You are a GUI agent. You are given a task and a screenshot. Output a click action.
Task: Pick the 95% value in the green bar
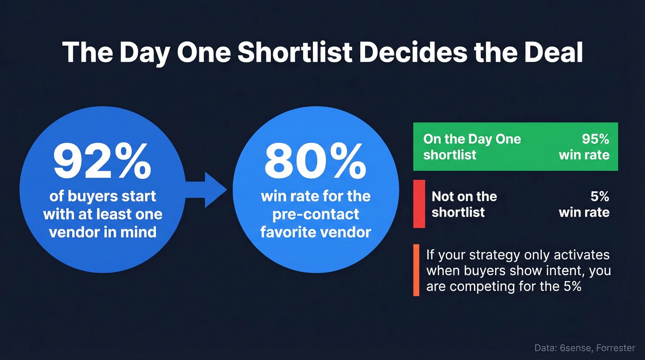[x=595, y=139]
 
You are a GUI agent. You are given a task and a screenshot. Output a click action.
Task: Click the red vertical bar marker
[x=419, y=204]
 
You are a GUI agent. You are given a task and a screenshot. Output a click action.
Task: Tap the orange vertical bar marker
[x=416, y=270]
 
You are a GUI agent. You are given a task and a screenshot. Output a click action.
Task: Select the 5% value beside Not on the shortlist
[x=599, y=197]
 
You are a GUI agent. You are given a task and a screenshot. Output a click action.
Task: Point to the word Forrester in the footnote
[x=618, y=348]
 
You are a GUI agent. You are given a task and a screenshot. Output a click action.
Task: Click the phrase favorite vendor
[x=316, y=232]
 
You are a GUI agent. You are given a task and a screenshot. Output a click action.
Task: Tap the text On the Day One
[x=472, y=139]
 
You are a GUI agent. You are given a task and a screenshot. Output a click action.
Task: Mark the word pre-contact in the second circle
[x=316, y=214]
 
